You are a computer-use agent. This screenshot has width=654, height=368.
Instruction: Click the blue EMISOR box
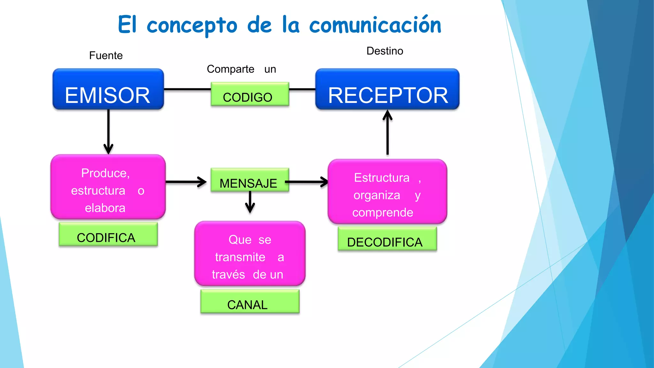tap(108, 89)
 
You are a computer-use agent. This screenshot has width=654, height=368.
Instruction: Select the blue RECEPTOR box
tap(387, 89)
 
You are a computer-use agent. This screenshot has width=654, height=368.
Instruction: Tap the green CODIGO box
tap(250, 94)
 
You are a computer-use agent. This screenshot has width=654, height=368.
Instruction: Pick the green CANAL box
tap(250, 302)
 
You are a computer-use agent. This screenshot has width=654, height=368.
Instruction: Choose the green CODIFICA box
tap(108, 234)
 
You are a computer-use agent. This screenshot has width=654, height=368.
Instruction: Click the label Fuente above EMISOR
tap(106, 56)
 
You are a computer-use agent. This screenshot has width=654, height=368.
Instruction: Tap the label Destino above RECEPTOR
tap(384, 51)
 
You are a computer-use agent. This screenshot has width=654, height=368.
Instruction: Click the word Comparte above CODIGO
tap(230, 69)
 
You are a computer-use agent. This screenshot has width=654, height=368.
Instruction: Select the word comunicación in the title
tap(375, 25)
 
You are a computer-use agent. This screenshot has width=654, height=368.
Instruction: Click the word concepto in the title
tap(192, 26)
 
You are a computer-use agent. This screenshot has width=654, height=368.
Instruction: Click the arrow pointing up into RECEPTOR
tap(387, 132)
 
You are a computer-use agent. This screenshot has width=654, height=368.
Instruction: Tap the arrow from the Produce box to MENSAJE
tap(186, 182)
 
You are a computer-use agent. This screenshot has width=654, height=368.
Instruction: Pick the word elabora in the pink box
tap(105, 208)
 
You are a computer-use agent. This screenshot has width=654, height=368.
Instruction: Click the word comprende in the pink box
tap(383, 213)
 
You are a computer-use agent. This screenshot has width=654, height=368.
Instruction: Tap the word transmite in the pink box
tap(240, 257)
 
